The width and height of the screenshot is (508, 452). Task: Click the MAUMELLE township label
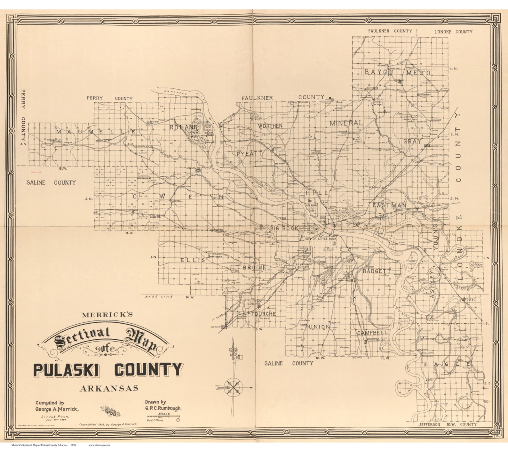point(95,132)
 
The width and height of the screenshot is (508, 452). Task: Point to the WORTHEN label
point(270,126)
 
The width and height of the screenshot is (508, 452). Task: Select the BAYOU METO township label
point(397,72)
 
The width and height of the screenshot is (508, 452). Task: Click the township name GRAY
point(412,141)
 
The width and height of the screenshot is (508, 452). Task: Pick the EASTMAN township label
point(390,205)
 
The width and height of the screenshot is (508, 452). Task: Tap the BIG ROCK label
point(284,228)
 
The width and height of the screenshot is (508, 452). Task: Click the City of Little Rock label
point(321,239)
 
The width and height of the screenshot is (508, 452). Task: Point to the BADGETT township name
point(377,271)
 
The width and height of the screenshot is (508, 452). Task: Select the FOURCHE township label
point(263,314)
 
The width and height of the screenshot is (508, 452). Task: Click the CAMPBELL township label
point(372,333)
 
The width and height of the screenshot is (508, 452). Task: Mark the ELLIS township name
point(193,260)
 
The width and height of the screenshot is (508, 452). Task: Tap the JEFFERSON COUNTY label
point(447,424)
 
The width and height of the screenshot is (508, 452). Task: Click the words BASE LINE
point(159,297)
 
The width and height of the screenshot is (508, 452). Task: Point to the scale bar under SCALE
point(163,416)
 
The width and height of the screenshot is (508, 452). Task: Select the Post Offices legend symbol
point(178,420)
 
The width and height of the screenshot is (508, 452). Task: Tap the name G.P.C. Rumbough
point(163,408)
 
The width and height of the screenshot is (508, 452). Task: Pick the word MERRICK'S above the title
point(107,315)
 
